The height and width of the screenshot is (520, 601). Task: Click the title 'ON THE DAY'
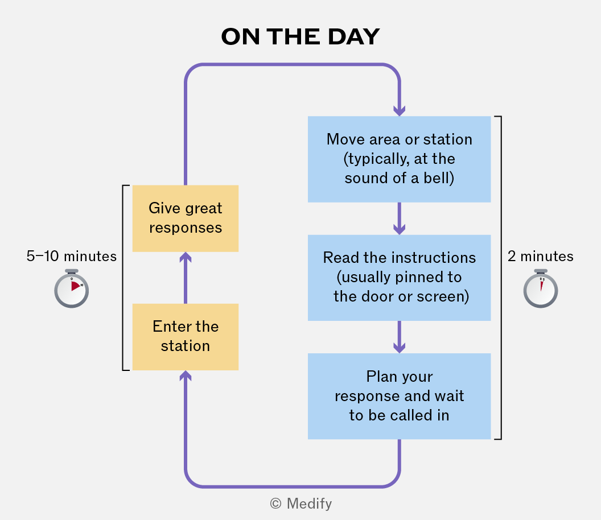pos(300,37)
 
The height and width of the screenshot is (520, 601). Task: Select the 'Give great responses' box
pos(186,218)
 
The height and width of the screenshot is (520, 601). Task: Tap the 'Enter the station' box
pos(186,337)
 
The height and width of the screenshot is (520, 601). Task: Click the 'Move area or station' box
pos(399,159)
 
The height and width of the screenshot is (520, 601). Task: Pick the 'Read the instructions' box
pos(399,278)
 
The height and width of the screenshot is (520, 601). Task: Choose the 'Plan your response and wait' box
pos(399,396)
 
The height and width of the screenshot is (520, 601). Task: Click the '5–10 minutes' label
pos(71,256)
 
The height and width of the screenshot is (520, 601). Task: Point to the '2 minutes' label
pos(541,256)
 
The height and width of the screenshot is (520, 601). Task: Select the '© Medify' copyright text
pos(301,504)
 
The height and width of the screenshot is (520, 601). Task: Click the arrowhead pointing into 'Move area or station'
pos(400,111)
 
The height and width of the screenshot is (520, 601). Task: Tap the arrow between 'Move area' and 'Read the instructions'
pos(400,218)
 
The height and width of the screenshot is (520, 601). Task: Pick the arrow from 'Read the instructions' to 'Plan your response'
pos(400,337)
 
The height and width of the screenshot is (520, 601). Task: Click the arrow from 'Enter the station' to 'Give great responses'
pos(186,278)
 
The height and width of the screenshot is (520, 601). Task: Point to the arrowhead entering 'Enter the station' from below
pos(186,375)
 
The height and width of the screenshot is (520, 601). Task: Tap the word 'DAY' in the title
pos(353,37)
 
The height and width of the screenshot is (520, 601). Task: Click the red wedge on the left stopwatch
pos(75,286)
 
